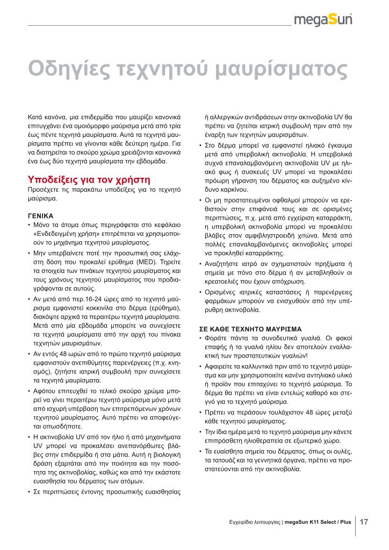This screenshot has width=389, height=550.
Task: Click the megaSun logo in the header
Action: (326, 21)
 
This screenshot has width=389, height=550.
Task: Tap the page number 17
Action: (364, 521)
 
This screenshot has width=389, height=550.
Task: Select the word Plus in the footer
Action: (345, 522)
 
